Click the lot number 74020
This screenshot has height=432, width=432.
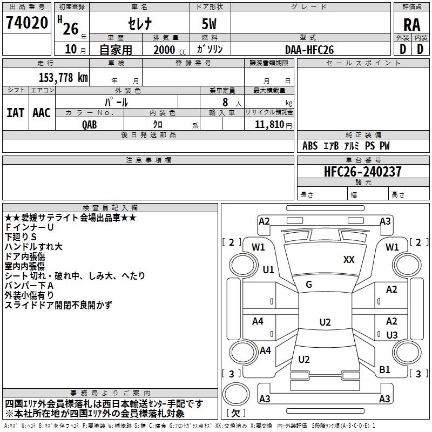pyautogui.click(x=27, y=24)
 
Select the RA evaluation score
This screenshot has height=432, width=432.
pyautogui.click(x=411, y=24)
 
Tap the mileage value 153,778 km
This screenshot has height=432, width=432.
pyautogui.click(x=63, y=77)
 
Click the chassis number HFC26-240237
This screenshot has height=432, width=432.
pyautogui.click(x=363, y=172)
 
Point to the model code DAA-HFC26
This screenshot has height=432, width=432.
pyautogui.click(x=309, y=50)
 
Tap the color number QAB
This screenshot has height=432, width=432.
pyautogui.click(x=90, y=124)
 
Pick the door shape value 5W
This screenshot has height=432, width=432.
pyautogui.click(x=209, y=24)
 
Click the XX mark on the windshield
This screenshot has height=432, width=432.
pyautogui.click(x=349, y=260)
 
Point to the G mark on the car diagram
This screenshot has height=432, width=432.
pyautogui.click(x=309, y=285)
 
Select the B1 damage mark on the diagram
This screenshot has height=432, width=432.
pyautogui.click(x=385, y=370)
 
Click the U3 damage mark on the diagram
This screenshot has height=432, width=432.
pyautogui.click(x=392, y=335)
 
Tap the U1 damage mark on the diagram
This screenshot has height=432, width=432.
pyautogui.click(x=268, y=269)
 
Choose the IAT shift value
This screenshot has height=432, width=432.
pyautogui.click(x=16, y=113)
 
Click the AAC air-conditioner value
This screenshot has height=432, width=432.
pyautogui.click(x=42, y=113)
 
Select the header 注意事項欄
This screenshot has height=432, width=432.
pyautogui.click(x=148, y=160)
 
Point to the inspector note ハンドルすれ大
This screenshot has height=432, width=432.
pyautogui.click(x=33, y=247)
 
